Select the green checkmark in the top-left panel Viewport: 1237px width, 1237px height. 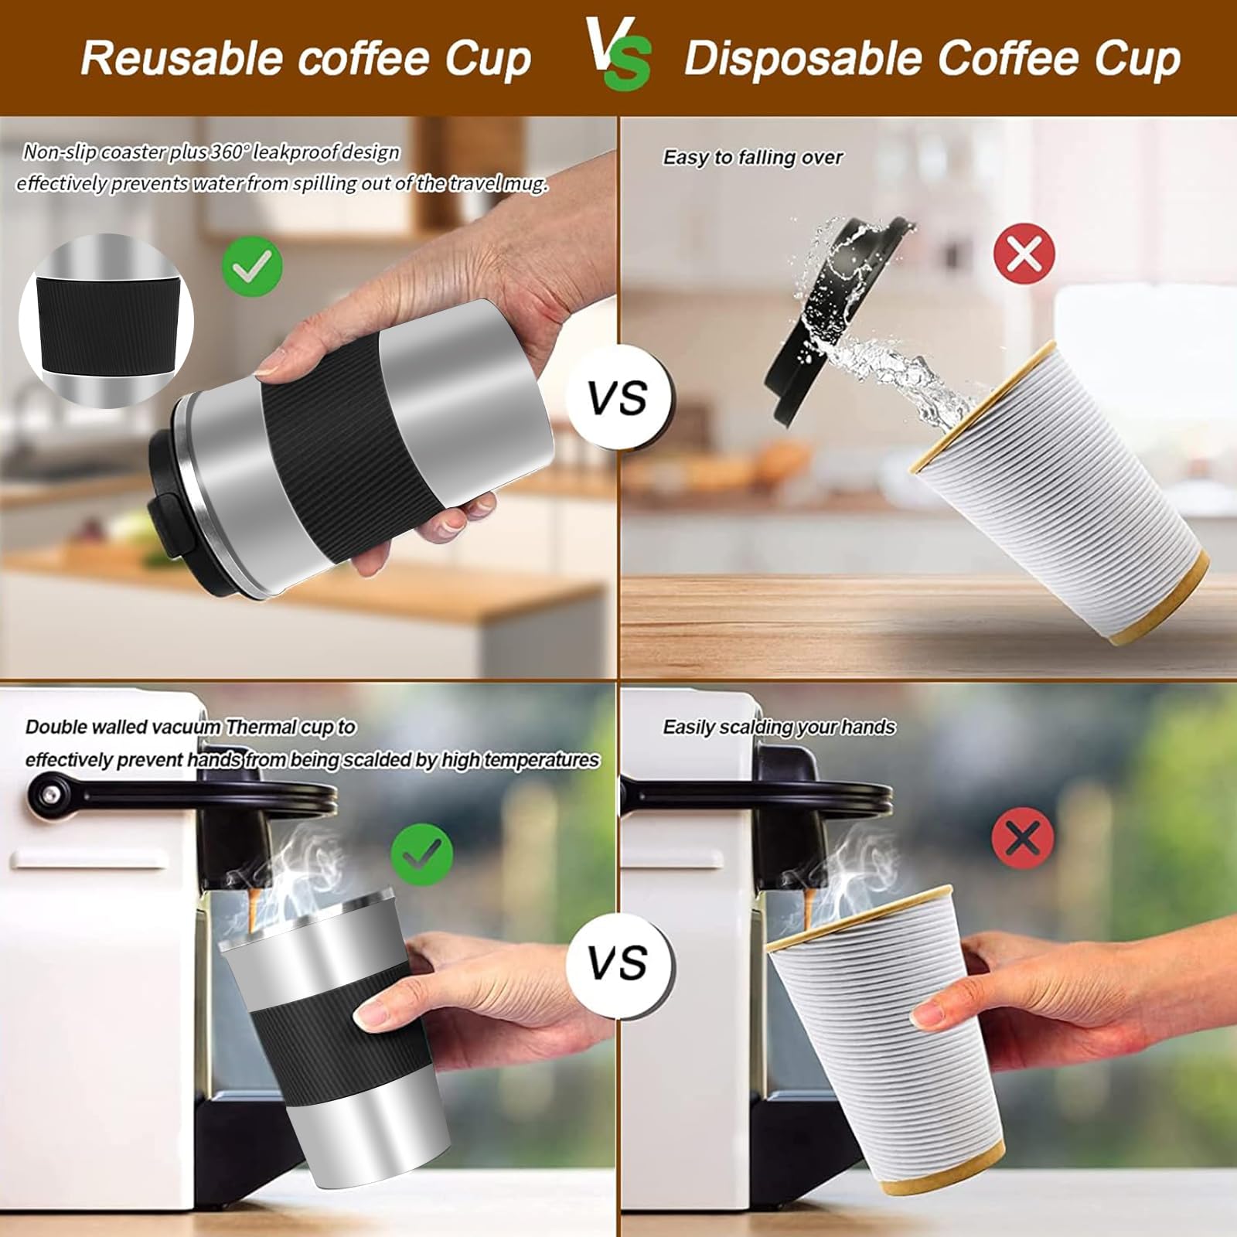click(252, 265)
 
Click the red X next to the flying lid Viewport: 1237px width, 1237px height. click(1024, 253)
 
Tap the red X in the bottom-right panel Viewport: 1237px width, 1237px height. click(1022, 837)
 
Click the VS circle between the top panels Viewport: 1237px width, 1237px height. click(618, 398)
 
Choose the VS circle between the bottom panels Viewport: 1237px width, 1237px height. click(618, 963)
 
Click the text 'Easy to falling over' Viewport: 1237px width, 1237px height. click(752, 158)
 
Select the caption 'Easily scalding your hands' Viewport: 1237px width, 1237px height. click(779, 728)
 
